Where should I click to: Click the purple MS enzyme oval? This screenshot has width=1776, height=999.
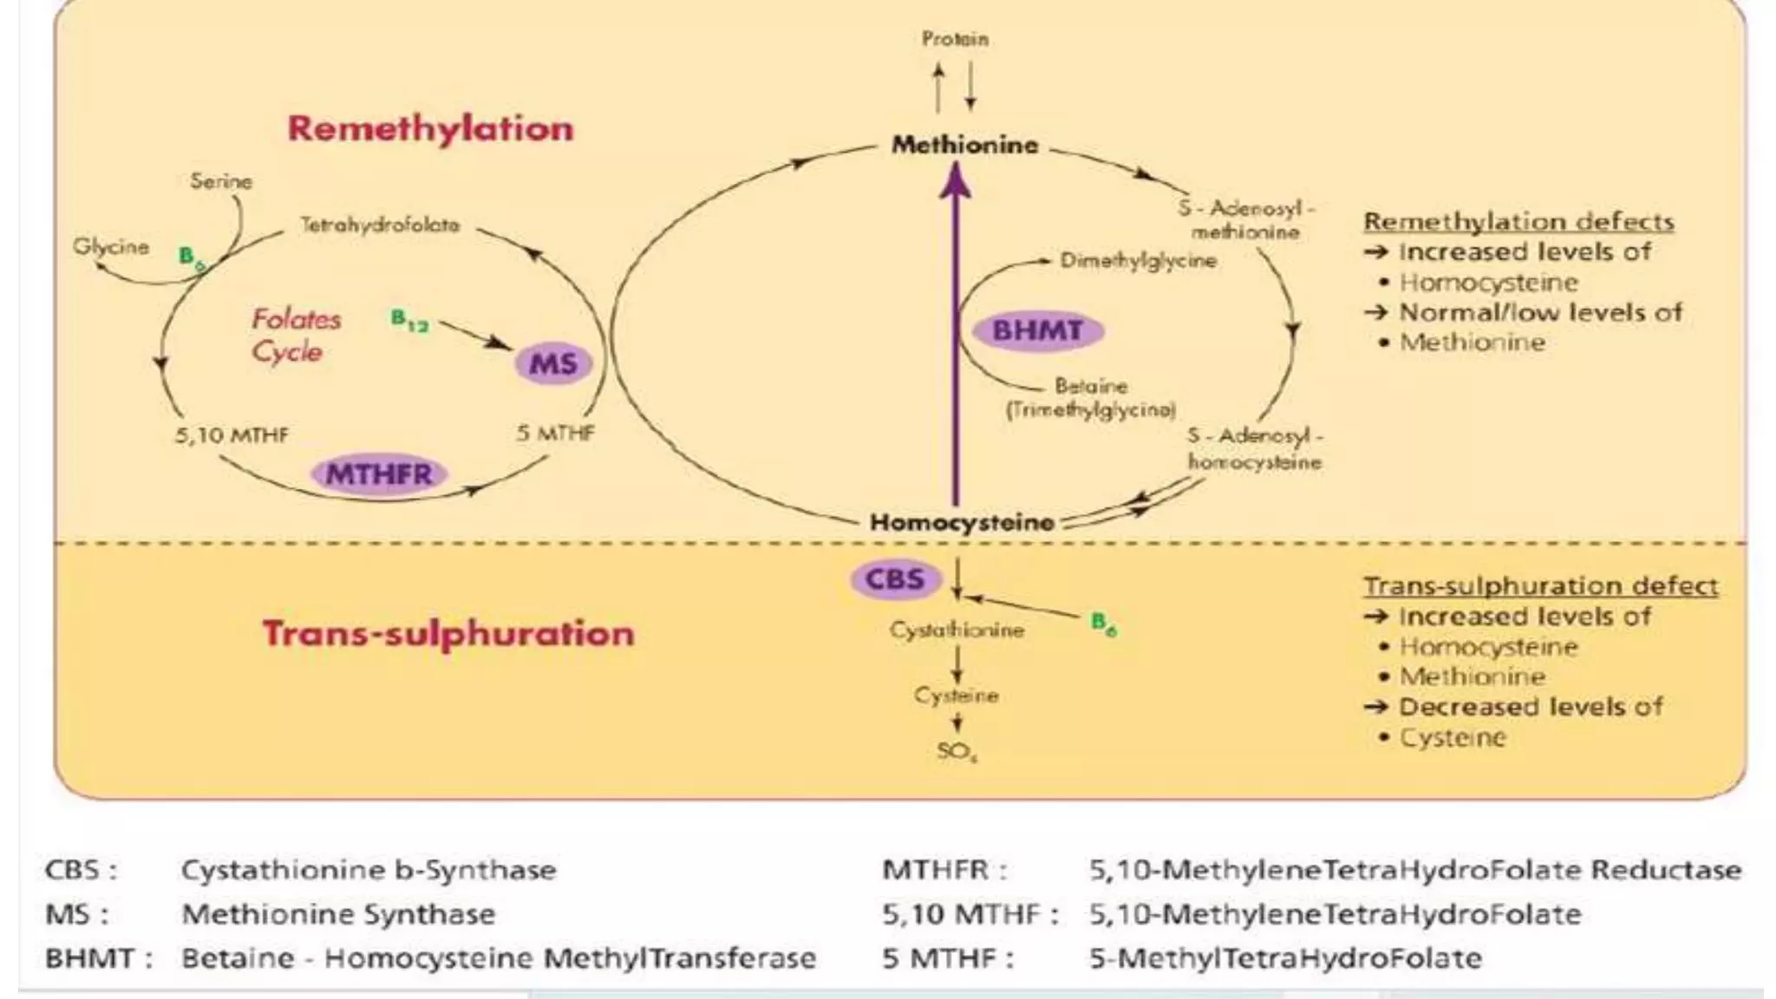tap(553, 363)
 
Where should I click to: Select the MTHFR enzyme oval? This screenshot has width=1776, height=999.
tap(379, 474)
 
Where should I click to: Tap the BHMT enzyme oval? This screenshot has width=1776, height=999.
tap(1037, 330)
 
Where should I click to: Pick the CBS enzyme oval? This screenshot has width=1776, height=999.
tap(895, 578)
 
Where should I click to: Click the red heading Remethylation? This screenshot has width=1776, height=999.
tap(430, 128)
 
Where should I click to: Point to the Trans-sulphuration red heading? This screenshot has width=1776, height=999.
tap(448, 634)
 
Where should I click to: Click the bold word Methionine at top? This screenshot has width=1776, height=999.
tap(964, 145)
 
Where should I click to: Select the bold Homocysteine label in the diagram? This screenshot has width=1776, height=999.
tap(962, 522)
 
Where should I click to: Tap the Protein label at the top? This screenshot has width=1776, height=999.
tap(955, 39)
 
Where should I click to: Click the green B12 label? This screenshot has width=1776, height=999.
tap(409, 321)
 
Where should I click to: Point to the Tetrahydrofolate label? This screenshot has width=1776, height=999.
tap(380, 225)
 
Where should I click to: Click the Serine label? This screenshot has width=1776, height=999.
tap(221, 181)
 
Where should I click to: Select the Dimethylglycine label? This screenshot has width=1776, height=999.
tap(1138, 260)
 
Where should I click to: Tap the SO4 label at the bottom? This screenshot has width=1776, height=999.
tap(957, 751)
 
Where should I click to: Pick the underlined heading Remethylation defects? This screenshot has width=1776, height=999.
tap(1518, 222)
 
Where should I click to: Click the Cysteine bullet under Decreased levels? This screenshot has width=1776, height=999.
tap(1453, 738)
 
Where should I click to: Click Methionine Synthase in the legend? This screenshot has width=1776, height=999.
tap(338, 914)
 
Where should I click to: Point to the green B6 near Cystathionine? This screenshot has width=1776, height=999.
tap(1103, 623)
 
